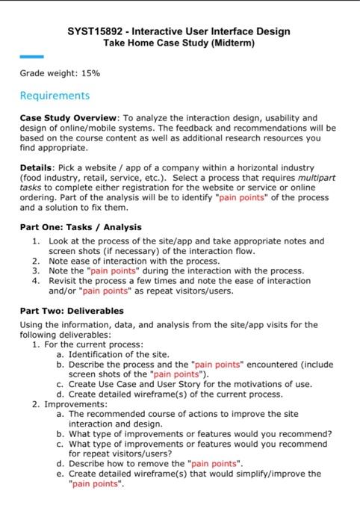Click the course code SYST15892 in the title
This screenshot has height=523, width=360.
coord(96,31)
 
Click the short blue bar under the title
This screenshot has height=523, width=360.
coord(31,57)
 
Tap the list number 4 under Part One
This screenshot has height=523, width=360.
coord(35,281)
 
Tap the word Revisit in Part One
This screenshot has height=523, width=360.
coord(65,281)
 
